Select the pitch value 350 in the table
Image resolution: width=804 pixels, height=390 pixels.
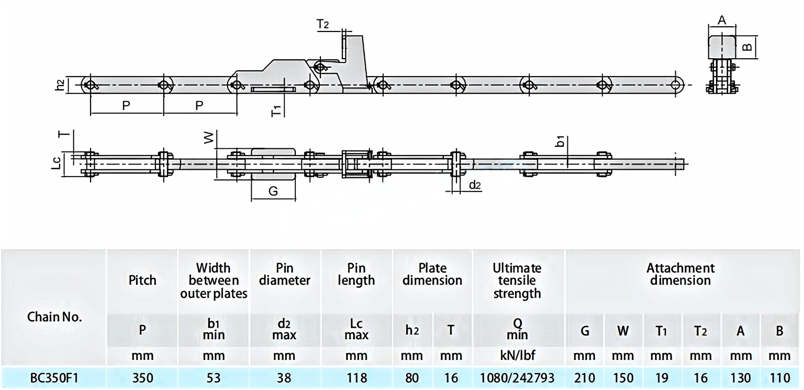pos(142,378)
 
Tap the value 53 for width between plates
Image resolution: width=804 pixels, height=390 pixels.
pos(214,378)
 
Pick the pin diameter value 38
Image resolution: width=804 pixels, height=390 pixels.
pos(285,378)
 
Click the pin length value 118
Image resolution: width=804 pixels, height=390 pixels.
pos(356,378)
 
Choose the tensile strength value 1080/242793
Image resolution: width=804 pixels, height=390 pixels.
pos(517,378)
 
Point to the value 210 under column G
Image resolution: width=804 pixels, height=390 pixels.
pos(585,378)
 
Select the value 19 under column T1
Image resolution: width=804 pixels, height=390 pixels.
pos(662,378)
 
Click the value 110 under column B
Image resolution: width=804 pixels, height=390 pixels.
pos(779,378)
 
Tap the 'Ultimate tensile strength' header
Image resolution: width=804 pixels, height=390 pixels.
pos(517,280)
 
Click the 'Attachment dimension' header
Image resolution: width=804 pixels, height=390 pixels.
pos(680,274)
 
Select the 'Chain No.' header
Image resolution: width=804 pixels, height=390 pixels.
pos(54,317)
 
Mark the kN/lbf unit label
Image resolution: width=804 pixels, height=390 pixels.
pos(517,356)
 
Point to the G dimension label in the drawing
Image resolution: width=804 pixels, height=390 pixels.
pos(273,192)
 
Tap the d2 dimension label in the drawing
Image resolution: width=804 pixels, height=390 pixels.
pos(475,185)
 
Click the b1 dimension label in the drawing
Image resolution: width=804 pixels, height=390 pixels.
pos(560,142)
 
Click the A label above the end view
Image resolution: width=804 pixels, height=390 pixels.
pos(721,20)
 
